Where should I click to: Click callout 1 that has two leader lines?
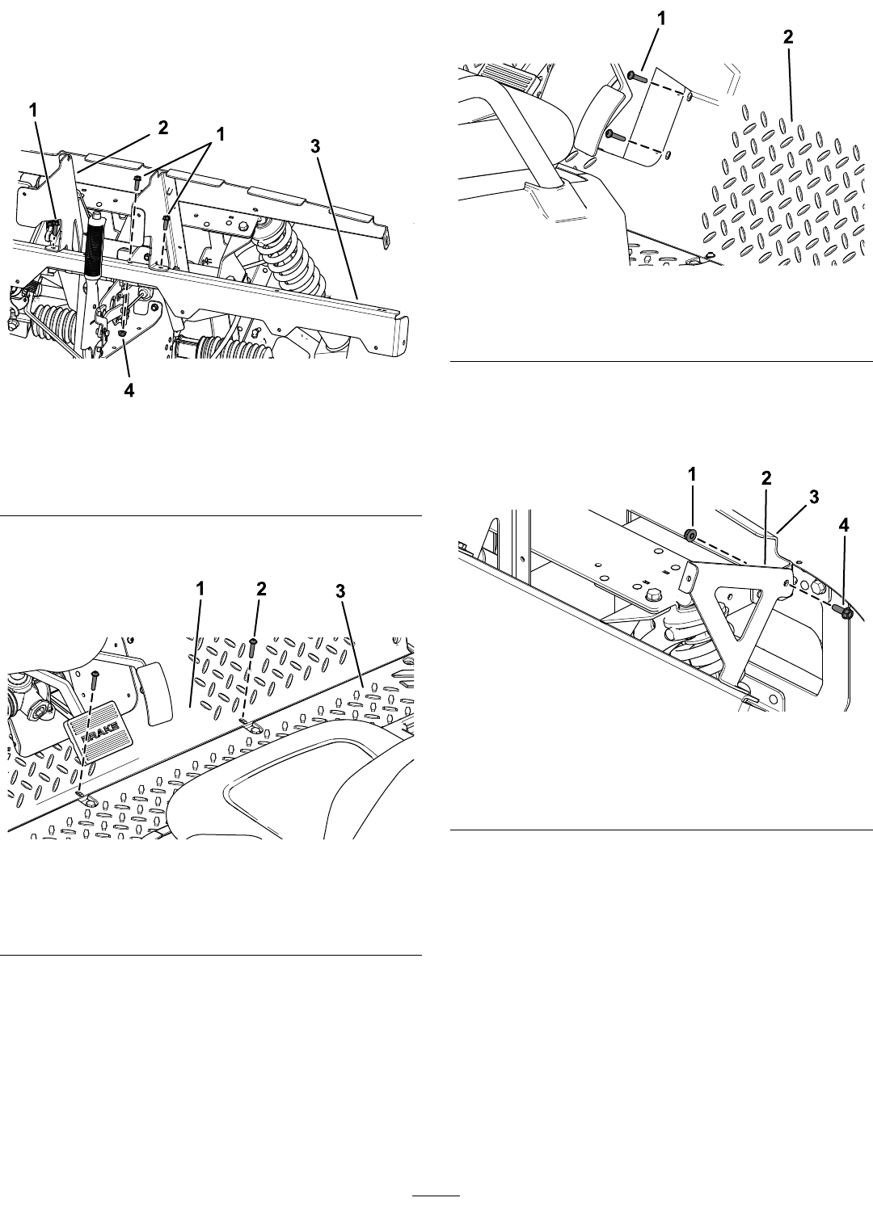(220, 134)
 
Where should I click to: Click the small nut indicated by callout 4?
(122, 333)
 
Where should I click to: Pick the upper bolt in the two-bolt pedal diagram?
(637, 77)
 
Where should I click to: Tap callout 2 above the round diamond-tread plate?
(787, 38)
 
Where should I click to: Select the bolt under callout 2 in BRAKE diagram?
(253, 648)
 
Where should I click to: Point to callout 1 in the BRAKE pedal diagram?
(200, 589)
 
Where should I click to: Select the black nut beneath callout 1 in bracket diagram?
(692, 533)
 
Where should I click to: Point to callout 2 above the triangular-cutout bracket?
(766, 478)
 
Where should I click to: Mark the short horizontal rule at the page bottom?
(436, 1196)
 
